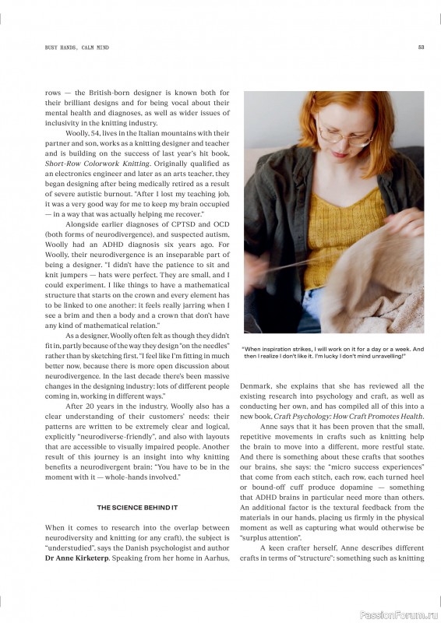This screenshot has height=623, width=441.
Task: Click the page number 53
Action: (x=421, y=48)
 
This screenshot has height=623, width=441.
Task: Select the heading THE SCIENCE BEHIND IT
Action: (x=137, y=507)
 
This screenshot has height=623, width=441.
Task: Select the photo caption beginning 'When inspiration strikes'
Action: (x=333, y=353)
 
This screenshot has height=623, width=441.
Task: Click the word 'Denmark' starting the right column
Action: (x=256, y=386)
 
